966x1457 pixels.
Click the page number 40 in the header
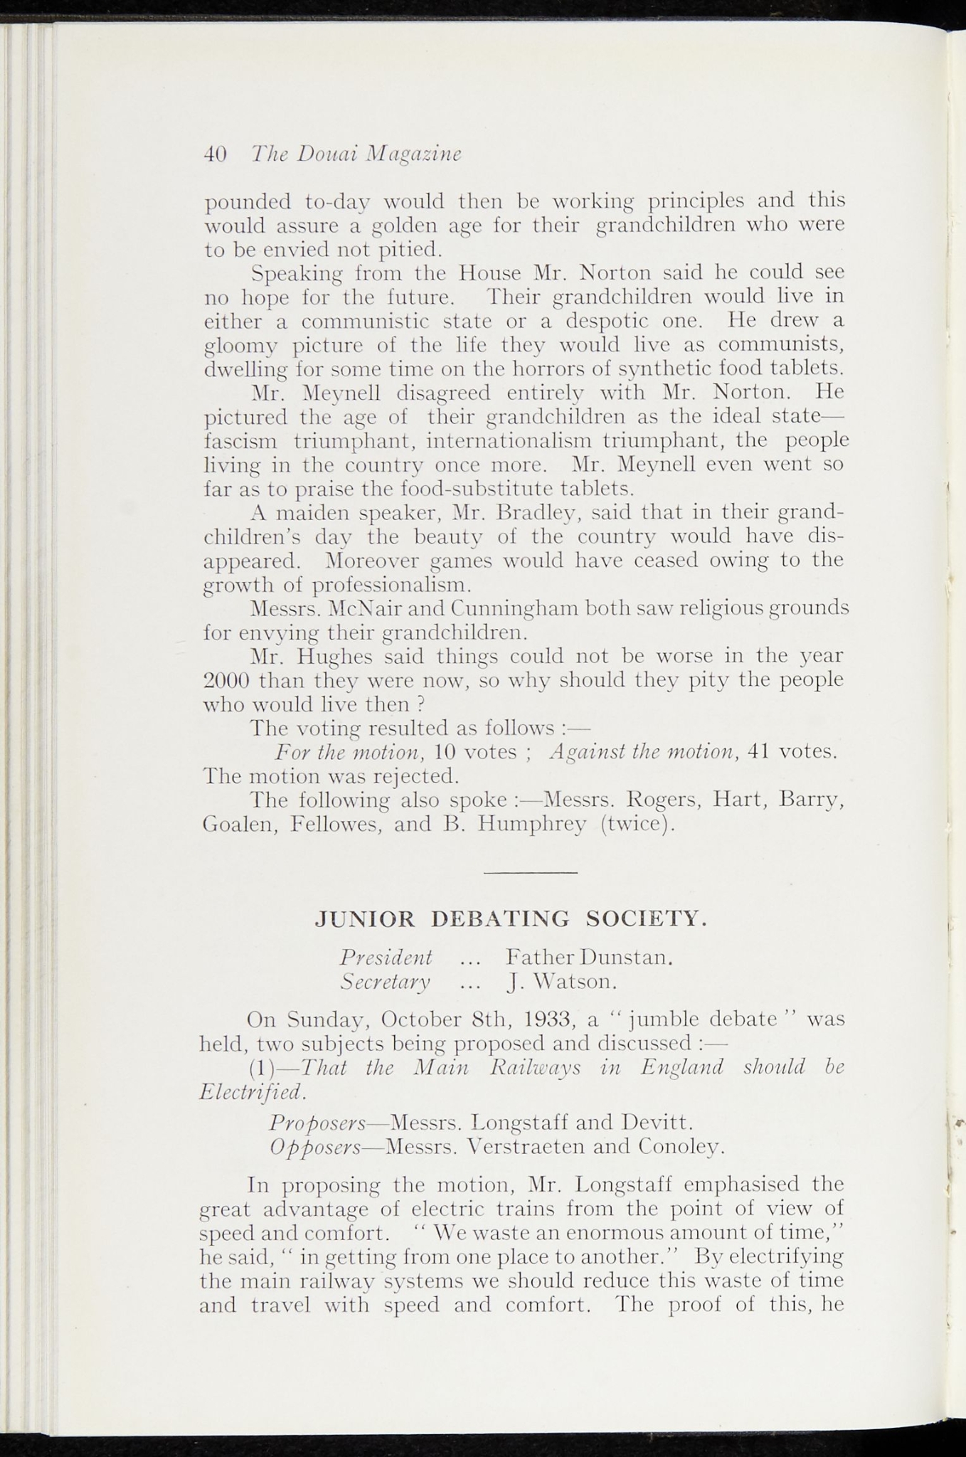215,154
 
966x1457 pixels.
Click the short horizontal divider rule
530,873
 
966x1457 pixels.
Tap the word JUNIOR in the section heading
364,919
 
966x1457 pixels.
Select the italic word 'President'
386,957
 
